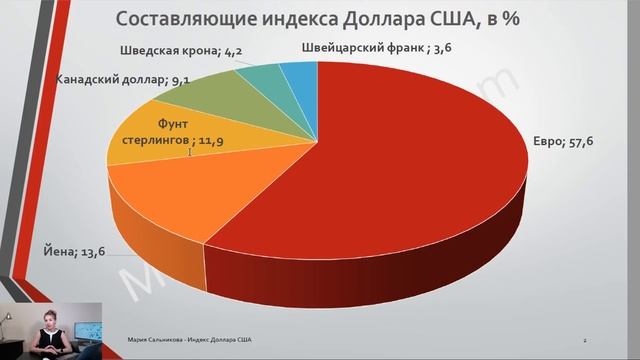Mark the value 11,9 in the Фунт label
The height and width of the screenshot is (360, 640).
pyautogui.click(x=209, y=142)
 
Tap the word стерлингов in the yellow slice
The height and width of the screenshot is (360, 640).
pyautogui.click(x=140, y=142)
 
